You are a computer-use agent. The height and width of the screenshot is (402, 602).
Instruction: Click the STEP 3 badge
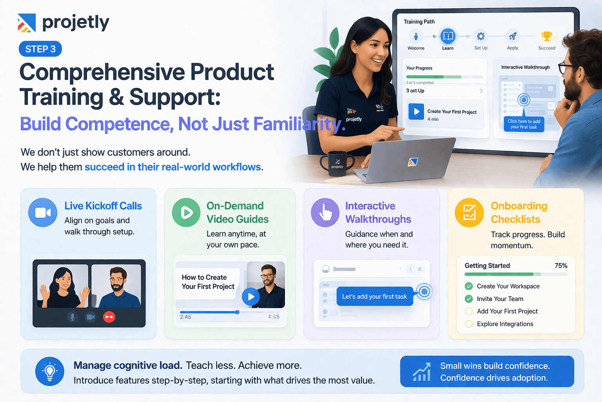(x=40, y=49)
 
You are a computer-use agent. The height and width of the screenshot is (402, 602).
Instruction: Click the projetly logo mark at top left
(x=27, y=23)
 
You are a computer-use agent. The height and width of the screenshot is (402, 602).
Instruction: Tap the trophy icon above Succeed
(x=547, y=37)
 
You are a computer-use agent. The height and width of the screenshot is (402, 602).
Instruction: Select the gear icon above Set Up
(x=481, y=37)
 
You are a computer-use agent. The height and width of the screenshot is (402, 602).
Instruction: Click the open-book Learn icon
(x=448, y=37)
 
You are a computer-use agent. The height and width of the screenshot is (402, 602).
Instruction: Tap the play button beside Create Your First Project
(x=416, y=111)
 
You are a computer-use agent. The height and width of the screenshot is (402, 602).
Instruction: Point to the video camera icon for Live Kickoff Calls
(x=43, y=212)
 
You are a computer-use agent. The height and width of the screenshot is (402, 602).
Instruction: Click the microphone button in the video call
(x=73, y=317)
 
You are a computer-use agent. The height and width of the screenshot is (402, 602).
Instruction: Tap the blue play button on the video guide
(x=251, y=297)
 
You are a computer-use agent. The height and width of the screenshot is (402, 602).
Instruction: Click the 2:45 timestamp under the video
(x=185, y=317)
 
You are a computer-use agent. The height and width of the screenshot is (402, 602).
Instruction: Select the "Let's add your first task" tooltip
(x=375, y=296)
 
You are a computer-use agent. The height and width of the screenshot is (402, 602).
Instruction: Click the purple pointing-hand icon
(x=325, y=212)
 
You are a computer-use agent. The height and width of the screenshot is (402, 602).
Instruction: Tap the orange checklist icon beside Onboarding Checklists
(x=469, y=213)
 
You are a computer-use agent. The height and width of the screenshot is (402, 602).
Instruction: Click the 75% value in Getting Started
(x=561, y=266)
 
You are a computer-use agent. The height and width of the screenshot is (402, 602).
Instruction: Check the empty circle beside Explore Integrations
(x=469, y=324)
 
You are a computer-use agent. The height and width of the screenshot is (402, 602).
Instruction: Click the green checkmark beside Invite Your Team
(x=469, y=299)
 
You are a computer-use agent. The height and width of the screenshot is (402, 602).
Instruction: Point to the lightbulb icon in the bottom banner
(x=50, y=371)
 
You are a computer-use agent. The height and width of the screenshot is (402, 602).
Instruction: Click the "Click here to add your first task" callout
(x=524, y=124)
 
